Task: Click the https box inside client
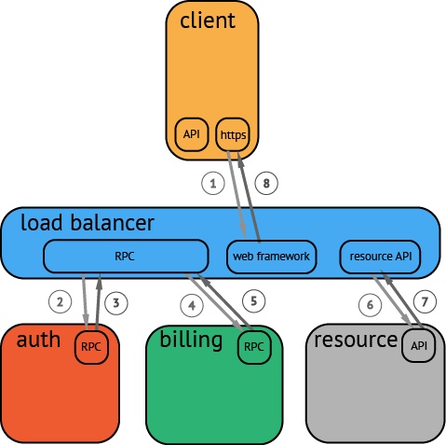pyautogui.click(x=233, y=134)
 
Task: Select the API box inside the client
pyautogui.click(x=192, y=134)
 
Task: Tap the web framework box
pyautogui.click(x=272, y=257)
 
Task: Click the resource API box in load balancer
pyautogui.click(x=380, y=257)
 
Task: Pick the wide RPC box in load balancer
pyautogui.click(x=126, y=257)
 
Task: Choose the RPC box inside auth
pyautogui.click(x=92, y=347)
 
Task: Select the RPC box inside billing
pyautogui.click(x=254, y=347)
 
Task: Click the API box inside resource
pyautogui.click(x=419, y=345)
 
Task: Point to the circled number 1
pyautogui.click(x=213, y=183)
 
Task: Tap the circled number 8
pyautogui.click(x=266, y=183)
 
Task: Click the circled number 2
pyautogui.click(x=60, y=301)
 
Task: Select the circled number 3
pyautogui.click(x=116, y=302)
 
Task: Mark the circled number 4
pyautogui.click(x=192, y=305)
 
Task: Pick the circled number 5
pyautogui.click(x=253, y=300)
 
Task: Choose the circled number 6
pyautogui.click(x=370, y=305)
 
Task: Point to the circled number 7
pyautogui.click(x=425, y=301)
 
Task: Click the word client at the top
pyautogui.click(x=208, y=21)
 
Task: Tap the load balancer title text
pyautogui.click(x=88, y=222)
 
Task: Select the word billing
pyautogui.click(x=191, y=340)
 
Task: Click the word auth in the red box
pyautogui.click(x=38, y=339)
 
